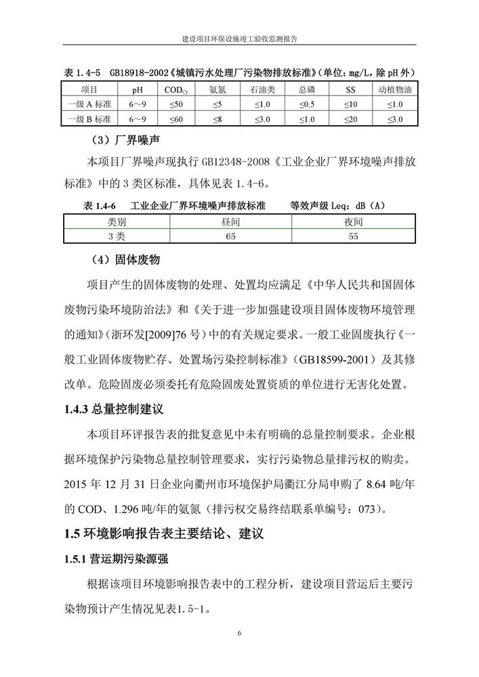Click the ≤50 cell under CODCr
tap(175, 104)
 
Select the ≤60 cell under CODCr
tap(175, 119)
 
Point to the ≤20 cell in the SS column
tap(350, 119)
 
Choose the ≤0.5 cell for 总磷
tap(306, 104)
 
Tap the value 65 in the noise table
tap(231, 236)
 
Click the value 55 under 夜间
tap(353, 236)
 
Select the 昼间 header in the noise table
tap(231, 222)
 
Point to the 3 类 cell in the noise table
tap(117, 236)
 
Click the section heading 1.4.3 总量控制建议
tap(114, 410)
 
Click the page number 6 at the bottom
tap(240, 633)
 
